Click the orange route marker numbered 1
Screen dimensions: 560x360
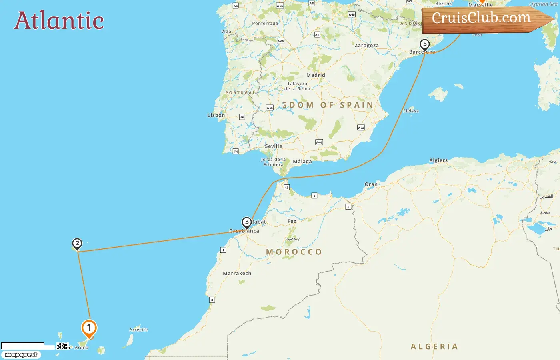89,328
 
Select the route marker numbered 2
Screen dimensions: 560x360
77,243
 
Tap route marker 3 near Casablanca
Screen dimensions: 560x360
247,222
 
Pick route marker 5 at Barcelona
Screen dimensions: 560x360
424,44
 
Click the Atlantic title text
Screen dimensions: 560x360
59,21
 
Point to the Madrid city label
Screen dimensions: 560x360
316,75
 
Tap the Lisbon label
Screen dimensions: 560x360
216,115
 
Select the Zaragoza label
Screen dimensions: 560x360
366,46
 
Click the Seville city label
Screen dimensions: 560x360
273,146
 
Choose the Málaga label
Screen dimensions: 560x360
302,162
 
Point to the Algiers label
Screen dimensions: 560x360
438,160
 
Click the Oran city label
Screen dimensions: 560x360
371,184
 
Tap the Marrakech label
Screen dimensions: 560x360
237,274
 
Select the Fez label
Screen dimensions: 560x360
292,221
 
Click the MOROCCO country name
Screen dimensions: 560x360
294,252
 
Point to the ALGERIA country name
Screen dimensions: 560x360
434,347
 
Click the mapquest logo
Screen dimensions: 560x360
21,355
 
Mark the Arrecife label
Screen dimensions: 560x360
138,330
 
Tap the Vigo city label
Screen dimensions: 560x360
226,32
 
